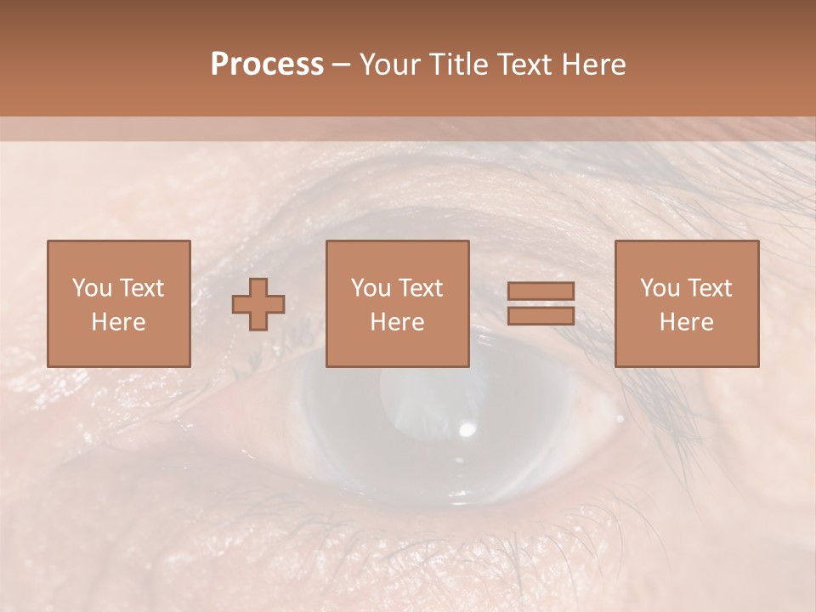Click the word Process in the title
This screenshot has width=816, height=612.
(267, 65)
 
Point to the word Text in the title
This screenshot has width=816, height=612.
(525, 65)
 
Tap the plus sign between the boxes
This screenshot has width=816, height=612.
(258, 303)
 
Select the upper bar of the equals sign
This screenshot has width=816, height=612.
(541, 291)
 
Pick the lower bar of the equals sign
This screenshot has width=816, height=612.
(541, 315)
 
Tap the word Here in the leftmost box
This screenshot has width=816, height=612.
(118, 322)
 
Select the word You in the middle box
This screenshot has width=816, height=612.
(371, 288)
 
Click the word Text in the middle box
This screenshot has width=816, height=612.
(420, 288)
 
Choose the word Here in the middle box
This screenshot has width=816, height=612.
(397, 322)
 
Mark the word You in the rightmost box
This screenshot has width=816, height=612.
(660, 288)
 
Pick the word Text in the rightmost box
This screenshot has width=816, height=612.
(709, 288)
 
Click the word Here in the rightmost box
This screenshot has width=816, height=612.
(686, 322)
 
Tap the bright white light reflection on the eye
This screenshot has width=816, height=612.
(466, 429)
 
